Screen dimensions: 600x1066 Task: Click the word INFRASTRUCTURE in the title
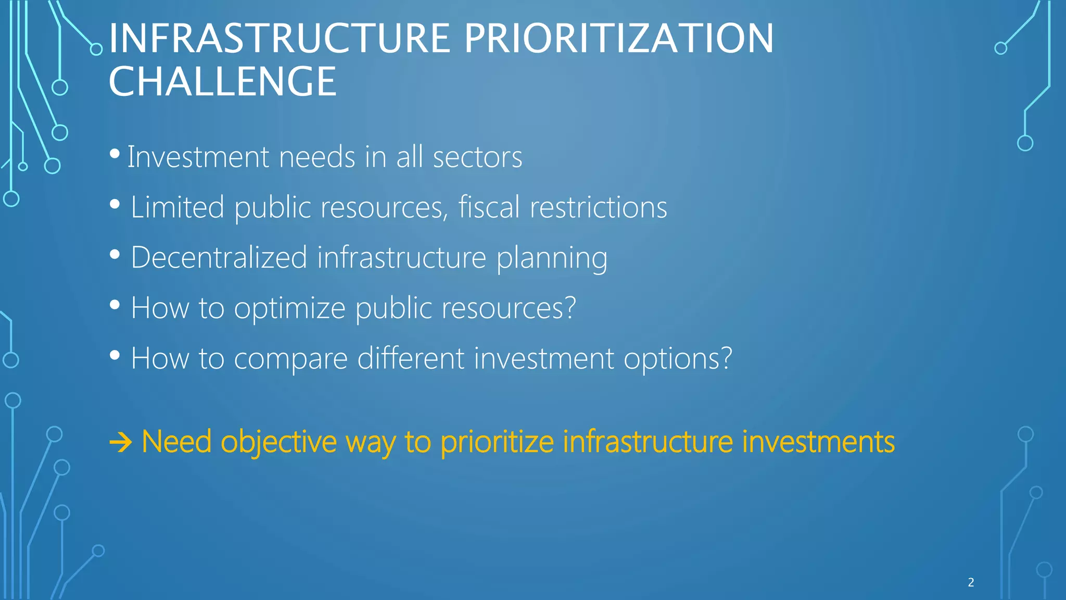pos(279,39)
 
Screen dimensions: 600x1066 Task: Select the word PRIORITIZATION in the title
pos(618,39)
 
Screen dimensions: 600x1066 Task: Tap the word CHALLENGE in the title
pos(223,82)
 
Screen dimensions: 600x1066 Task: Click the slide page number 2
pos(971,582)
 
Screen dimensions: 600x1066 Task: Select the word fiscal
pos(489,207)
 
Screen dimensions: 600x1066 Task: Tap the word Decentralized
pos(219,258)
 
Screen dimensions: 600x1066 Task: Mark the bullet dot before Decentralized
pos(115,255)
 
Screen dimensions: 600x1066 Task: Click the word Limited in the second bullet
pos(177,207)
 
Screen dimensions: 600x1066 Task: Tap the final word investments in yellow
pos(818,442)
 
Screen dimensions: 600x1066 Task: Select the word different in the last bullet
pos(410,359)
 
